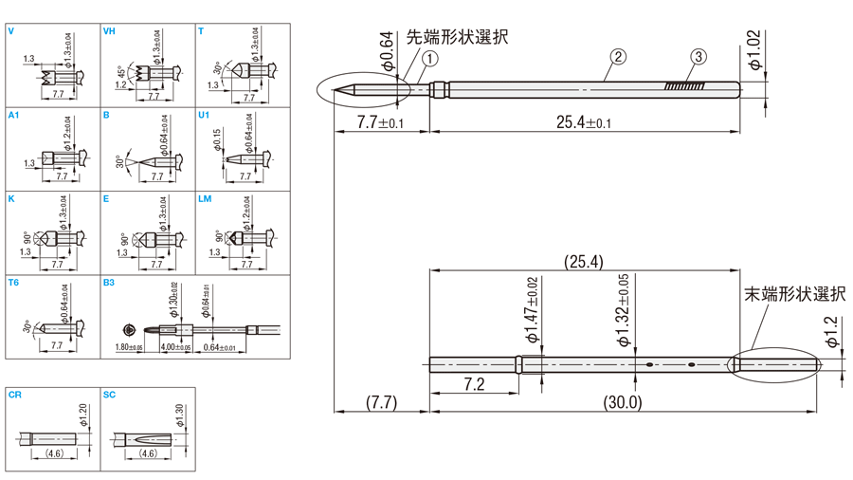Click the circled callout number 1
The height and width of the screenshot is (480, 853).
tap(430, 59)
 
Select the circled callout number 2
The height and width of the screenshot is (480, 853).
tap(617, 58)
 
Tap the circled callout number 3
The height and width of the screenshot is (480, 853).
tap(698, 58)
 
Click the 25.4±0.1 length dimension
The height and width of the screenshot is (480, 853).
tap(583, 121)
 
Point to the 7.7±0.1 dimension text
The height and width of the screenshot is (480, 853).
tap(380, 122)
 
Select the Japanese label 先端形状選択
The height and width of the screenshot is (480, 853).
tap(457, 37)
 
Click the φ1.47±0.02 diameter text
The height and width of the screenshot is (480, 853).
tap(532, 310)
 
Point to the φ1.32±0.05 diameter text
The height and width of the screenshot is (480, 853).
tap(623, 310)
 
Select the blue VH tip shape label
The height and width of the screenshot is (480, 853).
tap(109, 31)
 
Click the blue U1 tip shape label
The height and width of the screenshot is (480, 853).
tap(204, 115)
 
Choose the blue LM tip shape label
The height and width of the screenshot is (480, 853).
tap(205, 199)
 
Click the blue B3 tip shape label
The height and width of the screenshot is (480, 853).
tap(109, 283)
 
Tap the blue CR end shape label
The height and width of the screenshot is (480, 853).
tap(14, 395)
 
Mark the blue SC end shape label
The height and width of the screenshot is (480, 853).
tap(109, 395)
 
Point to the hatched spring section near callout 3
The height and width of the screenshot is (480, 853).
tap(685, 86)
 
